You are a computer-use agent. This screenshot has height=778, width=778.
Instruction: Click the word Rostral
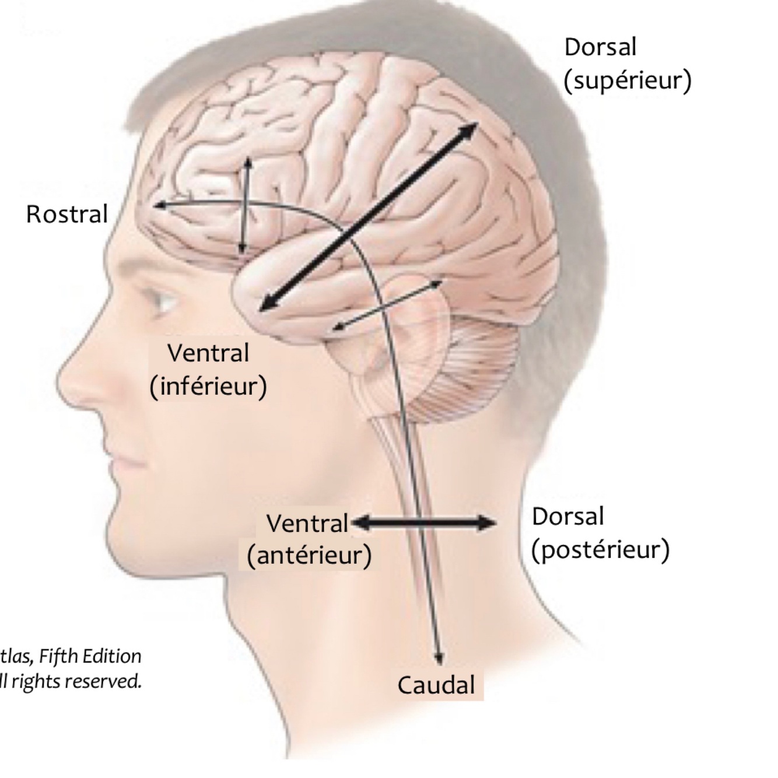[x=67, y=214]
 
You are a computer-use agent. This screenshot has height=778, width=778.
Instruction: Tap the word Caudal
[x=436, y=685]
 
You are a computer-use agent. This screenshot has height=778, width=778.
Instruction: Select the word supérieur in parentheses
[x=628, y=80]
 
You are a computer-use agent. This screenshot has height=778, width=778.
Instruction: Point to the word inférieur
[x=208, y=386]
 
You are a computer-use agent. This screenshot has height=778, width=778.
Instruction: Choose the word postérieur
[x=601, y=549]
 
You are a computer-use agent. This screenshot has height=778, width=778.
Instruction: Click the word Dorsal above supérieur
[x=600, y=47]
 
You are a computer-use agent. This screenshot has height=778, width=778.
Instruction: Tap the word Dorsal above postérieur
[x=567, y=517]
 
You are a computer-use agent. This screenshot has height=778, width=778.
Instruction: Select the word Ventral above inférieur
[x=208, y=353]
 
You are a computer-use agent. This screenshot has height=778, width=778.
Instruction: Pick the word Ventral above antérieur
[x=307, y=523]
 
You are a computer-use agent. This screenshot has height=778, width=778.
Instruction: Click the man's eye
[x=164, y=300]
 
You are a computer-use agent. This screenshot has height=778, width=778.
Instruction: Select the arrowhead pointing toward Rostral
[x=160, y=205]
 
